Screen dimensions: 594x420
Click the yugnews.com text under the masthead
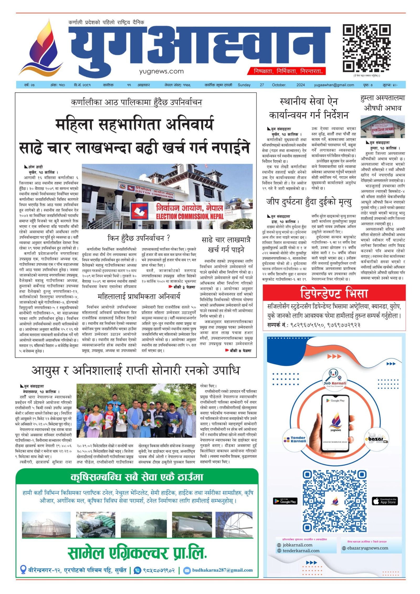click(x=161, y=71)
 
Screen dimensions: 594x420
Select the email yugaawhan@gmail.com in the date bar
click(x=334, y=85)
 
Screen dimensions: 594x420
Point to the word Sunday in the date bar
click(x=244, y=85)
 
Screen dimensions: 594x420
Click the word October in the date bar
click(x=279, y=85)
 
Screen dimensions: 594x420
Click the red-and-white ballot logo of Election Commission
click(x=139, y=211)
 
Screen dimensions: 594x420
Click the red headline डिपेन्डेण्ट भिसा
click(x=334, y=293)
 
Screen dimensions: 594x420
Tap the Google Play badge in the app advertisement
click(x=285, y=501)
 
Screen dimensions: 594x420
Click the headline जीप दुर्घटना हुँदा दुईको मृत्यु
click(x=309, y=202)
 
